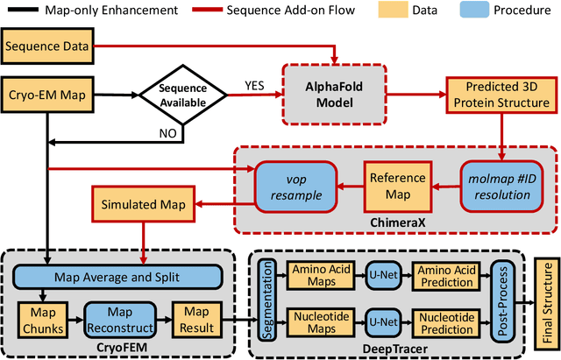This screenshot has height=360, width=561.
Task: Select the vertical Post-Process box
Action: (x=504, y=298)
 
